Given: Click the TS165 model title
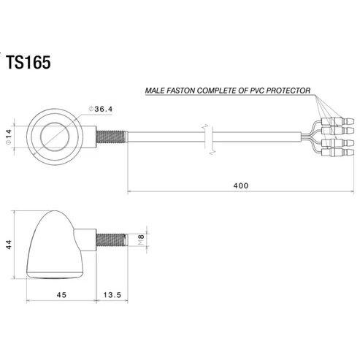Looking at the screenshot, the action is coord(28,62).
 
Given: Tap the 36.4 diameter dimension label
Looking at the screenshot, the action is coord(101,109).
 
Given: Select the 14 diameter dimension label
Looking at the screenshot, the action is coord(9,137).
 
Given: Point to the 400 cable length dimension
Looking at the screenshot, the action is coord(241,185).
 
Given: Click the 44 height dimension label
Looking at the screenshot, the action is coord(9,245).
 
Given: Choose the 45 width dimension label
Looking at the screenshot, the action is coord(61,295).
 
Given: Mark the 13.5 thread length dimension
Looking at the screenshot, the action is coord(112,295).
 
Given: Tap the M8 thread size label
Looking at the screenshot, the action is coord(141,240).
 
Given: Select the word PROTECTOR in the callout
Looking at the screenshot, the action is coord(288,91).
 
